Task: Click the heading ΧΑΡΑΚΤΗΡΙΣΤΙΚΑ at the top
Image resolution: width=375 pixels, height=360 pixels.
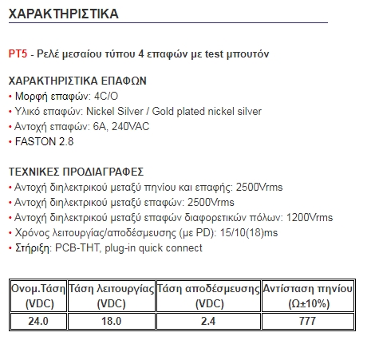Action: (x=63, y=14)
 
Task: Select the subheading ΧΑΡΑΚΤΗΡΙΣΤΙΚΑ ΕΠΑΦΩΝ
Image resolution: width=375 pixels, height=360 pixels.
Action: (x=77, y=82)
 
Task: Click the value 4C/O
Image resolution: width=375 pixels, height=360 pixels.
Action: (x=108, y=97)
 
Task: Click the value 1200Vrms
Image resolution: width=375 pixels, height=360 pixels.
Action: (x=308, y=218)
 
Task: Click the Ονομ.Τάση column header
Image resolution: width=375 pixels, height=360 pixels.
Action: (x=38, y=296)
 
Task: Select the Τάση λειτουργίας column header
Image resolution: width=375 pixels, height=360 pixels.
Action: (x=111, y=296)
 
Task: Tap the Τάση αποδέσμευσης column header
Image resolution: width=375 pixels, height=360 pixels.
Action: (x=208, y=296)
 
